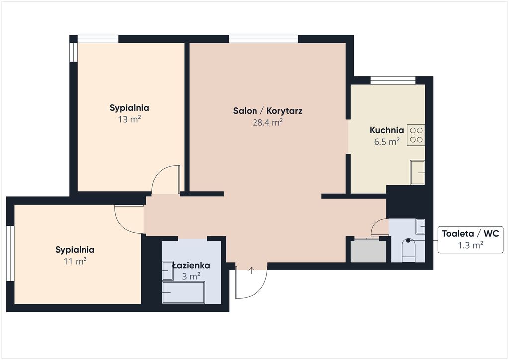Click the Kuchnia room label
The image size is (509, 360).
tap(387, 130)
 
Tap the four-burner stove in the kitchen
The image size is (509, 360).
tap(416, 135)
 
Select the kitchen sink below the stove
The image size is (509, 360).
tap(418, 173)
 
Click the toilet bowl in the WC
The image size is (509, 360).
tap(409, 250)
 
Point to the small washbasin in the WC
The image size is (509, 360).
tap(421, 226)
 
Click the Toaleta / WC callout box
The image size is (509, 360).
tap(470, 239)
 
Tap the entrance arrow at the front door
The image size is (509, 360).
tap(251, 270)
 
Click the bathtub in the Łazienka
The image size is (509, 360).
tap(183, 292)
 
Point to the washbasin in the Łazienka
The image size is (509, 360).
tap(168, 270)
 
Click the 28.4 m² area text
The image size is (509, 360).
tap(267, 122)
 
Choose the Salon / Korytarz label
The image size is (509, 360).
tap(267, 111)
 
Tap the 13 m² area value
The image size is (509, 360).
tap(129, 119)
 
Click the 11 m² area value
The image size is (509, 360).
tap(75, 261)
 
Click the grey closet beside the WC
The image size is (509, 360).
tap(368, 250)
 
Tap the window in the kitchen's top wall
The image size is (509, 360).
tap(393, 80)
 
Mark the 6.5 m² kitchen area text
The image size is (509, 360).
tap(387, 142)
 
